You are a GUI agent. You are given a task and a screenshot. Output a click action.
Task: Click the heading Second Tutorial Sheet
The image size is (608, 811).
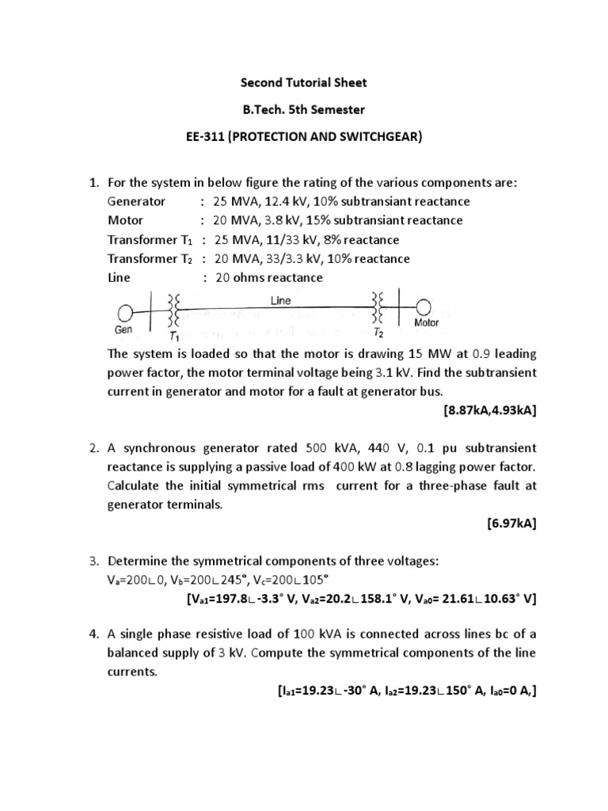tap(304, 82)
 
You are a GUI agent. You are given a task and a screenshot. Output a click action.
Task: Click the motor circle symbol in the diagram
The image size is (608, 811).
tap(425, 307)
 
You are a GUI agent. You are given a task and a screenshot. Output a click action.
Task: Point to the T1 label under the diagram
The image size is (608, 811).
tap(174, 336)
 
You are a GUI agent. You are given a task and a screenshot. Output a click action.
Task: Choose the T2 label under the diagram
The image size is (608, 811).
tap(379, 333)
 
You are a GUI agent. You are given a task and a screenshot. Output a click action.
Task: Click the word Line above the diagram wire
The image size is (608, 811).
tap(281, 301)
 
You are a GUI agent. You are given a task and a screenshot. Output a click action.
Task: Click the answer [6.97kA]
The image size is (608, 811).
tap(512, 524)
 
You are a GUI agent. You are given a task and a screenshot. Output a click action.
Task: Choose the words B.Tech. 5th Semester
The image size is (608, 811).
tap(304, 109)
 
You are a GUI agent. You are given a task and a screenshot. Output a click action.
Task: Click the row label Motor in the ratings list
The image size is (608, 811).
tap(126, 221)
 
